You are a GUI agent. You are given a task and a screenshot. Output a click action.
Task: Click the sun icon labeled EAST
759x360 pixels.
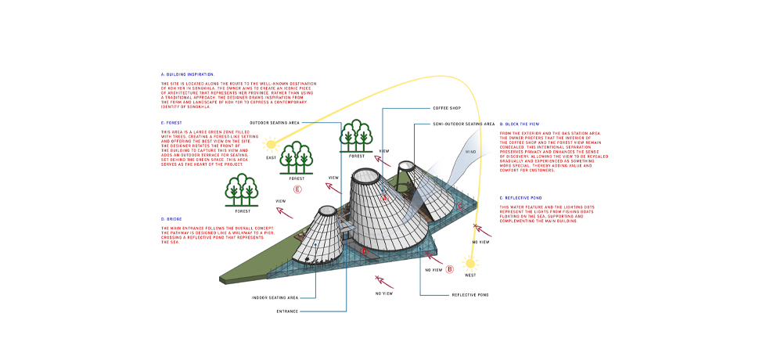pyautogui.click(x=272, y=144)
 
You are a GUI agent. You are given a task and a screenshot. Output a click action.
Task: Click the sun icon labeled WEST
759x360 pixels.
pyautogui.click(x=470, y=263)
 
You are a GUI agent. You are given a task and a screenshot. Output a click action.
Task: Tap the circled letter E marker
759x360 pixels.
pyautogui.click(x=297, y=189)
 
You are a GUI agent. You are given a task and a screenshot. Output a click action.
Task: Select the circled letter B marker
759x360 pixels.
pyautogui.click(x=450, y=269)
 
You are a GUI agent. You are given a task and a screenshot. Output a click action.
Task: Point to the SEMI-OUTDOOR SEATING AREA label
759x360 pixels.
pyautogui.click(x=464, y=124)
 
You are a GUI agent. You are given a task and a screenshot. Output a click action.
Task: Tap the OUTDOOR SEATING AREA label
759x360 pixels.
pyautogui.click(x=274, y=124)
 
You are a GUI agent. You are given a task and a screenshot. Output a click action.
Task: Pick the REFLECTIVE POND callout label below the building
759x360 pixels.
pyautogui.click(x=471, y=295)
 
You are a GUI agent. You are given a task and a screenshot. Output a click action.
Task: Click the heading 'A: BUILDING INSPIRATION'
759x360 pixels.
pyautogui.click(x=188, y=74)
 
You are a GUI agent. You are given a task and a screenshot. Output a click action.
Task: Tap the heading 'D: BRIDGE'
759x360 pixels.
pyautogui.click(x=174, y=219)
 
